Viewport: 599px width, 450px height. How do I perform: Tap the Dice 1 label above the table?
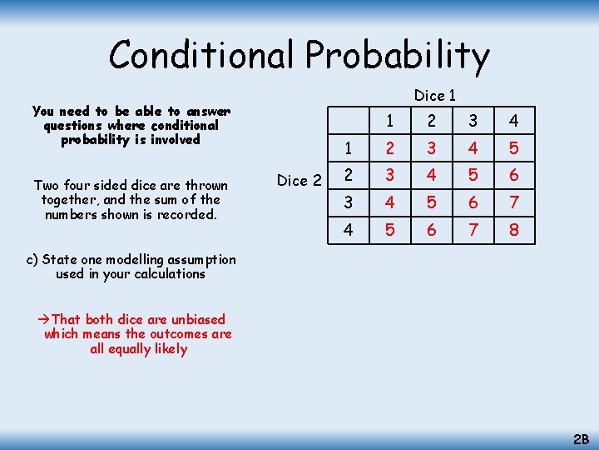(434, 96)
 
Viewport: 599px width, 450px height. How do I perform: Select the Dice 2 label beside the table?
(299, 180)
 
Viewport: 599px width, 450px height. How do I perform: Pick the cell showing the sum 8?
(514, 229)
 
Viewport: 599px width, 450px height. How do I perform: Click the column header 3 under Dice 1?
(473, 121)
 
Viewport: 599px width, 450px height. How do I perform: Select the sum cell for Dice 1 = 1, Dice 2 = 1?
(389, 148)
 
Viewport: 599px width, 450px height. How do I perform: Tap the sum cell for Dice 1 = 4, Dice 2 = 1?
(514, 148)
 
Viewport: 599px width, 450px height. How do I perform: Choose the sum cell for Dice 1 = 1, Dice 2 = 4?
(389, 229)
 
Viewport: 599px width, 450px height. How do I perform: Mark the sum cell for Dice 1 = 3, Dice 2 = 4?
(473, 229)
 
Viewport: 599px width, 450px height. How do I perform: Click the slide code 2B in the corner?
(580, 437)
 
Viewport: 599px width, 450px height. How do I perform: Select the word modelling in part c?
(134, 259)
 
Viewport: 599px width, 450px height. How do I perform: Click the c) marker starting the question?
(32, 259)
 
